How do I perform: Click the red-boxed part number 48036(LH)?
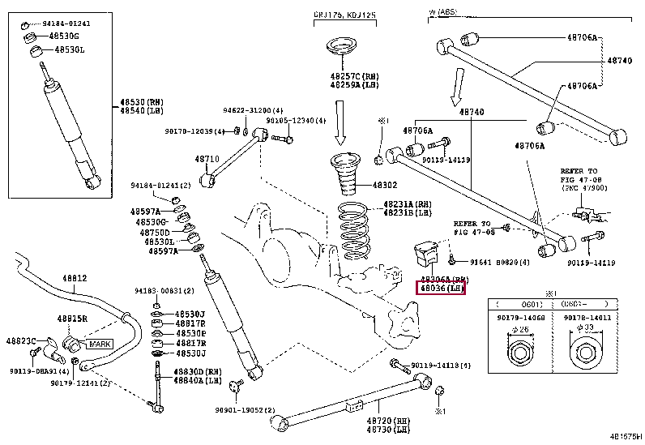click(441, 288)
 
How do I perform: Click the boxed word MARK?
click(100, 344)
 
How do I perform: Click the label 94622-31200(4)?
click(230, 110)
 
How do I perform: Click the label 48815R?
click(71, 319)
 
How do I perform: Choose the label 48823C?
click(22, 340)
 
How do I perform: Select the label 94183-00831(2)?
click(164, 290)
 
